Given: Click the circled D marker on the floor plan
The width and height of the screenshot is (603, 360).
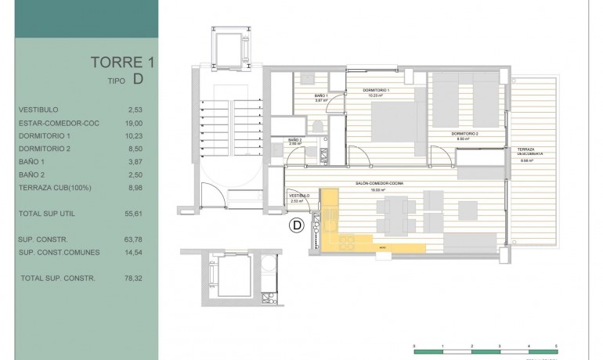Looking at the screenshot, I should [298, 227].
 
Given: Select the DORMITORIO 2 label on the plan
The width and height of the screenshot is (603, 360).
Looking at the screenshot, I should [464, 134].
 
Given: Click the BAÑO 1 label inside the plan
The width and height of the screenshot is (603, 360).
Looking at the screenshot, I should [301, 96].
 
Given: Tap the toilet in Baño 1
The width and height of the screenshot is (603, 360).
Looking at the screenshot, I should [317, 127].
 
